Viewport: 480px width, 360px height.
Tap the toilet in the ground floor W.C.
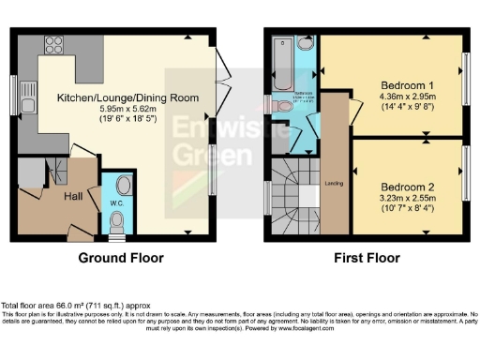pos(116,221)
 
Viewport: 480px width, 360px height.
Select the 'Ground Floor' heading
pos(116,258)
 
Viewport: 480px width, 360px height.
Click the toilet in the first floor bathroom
pos(284,106)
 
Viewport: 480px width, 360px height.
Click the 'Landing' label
pos(332,183)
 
